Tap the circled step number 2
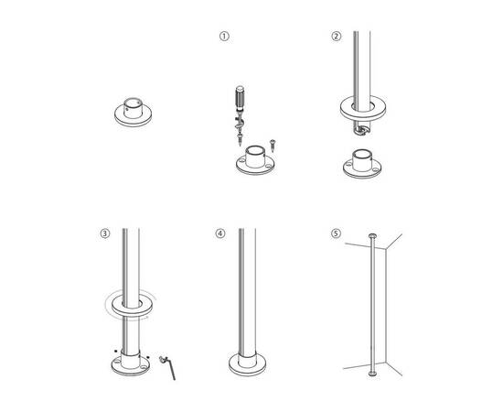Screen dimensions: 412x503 click(336, 38)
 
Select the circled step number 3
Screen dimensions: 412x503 click(107, 233)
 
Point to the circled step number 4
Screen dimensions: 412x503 click(219, 233)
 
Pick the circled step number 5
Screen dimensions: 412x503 click(336, 233)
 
